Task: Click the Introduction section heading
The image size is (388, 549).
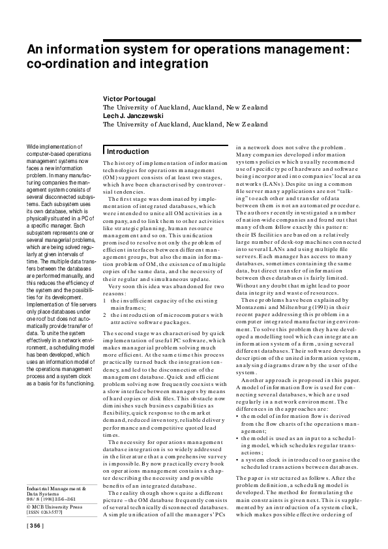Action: [128, 151]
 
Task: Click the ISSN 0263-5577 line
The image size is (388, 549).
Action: [45, 512]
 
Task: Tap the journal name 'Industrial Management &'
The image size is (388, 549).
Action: [55, 488]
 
